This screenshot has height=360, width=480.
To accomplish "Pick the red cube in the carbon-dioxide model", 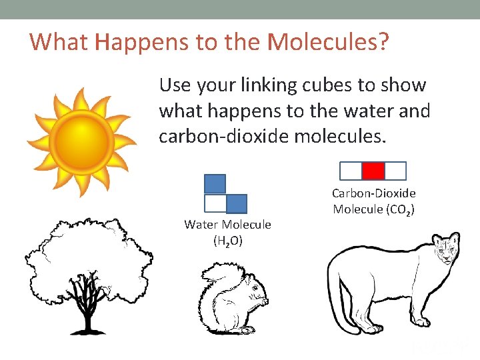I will click(x=373, y=171).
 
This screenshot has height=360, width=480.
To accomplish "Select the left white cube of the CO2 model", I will click(x=351, y=171).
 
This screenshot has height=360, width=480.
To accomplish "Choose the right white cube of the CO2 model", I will click(x=395, y=171).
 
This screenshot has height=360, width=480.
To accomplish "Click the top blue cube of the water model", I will click(x=215, y=183).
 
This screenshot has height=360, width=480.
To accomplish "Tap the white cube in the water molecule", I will click(x=215, y=203).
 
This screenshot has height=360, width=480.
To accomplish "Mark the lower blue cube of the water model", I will click(x=236, y=203).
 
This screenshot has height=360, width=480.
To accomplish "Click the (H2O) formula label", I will click(x=227, y=241).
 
